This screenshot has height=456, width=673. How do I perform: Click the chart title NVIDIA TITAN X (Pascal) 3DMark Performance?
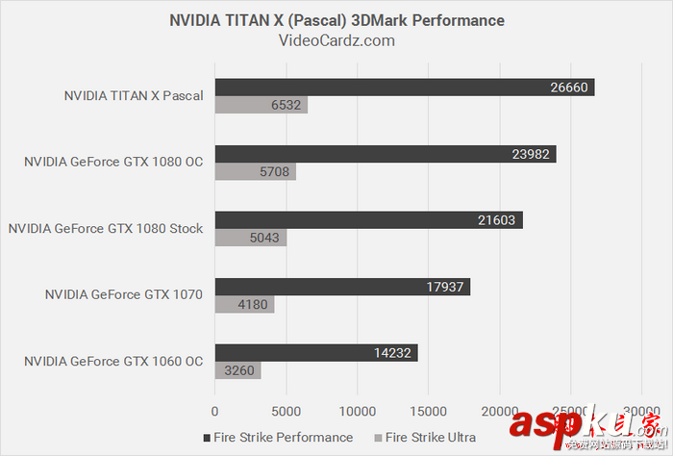(x=336, y=20)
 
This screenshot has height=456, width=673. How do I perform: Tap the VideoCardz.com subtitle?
(x=336, y=40)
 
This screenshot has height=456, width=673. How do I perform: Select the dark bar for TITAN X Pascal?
(x=404, y=88)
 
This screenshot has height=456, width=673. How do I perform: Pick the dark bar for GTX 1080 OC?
(x=385, y=154)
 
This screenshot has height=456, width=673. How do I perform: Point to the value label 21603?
(x=497, y=220)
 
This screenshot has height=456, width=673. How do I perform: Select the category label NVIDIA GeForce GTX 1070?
(x=123, y=295)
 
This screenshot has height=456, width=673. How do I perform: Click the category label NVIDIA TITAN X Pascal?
(x=134, y=96)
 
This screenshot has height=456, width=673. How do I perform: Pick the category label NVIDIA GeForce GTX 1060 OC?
(x=113, y=362)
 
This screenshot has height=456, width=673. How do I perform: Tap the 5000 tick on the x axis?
(x=287, y=410)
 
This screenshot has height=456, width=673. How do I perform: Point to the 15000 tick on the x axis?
(x=429, y=410)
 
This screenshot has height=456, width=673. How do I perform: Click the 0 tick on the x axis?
(x=215, y=410)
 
